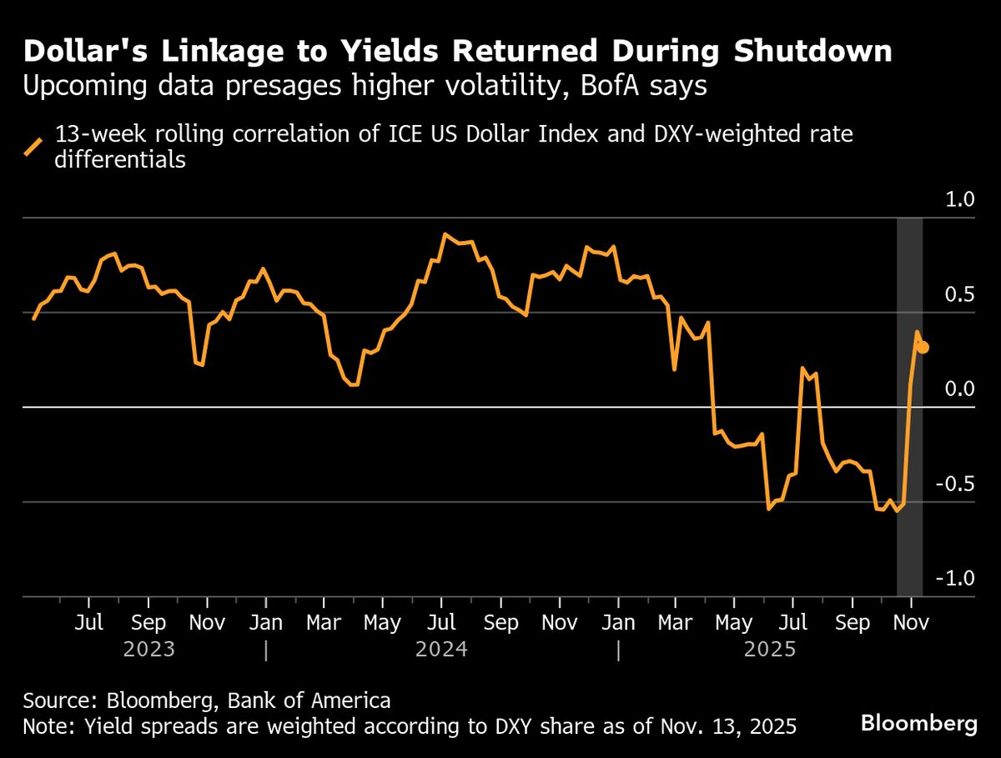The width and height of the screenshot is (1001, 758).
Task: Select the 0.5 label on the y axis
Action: (959, 295)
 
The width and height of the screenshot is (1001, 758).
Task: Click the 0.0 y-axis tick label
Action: (959, 389)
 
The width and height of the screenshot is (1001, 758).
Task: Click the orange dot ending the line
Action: (924, 348)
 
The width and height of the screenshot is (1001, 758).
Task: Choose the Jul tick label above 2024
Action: (441, 623)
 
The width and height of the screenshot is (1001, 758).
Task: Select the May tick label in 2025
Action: (733, 623)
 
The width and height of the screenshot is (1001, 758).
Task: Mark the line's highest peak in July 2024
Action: (445, 234)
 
